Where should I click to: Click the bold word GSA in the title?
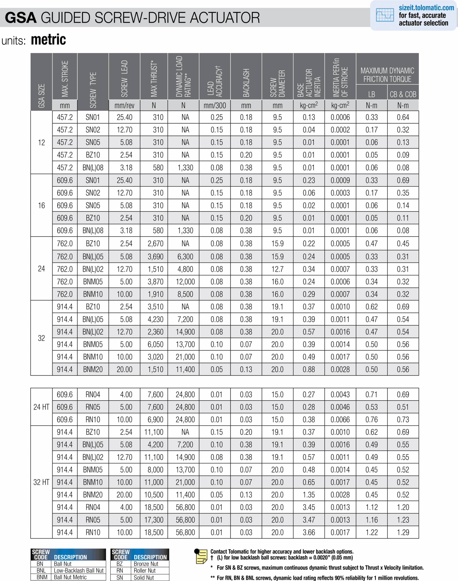(20, 18)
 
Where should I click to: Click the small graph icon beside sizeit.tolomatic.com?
(385, 15)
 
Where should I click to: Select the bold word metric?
(48, 40)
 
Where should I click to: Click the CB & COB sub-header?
(403, 94)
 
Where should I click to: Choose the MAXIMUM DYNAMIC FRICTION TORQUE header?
(387, 75)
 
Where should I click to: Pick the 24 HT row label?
(41, 407)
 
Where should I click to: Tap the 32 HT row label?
(41, 482)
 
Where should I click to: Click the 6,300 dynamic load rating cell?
(185, 257)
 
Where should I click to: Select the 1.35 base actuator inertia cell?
(309, 495)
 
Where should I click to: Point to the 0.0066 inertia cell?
(340, 420)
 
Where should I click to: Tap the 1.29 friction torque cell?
(403, 532)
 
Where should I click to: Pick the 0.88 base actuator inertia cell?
(309, 369)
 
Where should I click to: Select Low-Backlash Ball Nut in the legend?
(79, 571)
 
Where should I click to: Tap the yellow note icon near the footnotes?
(201, 556)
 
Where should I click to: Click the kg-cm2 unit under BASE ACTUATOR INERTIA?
(309, 105)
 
